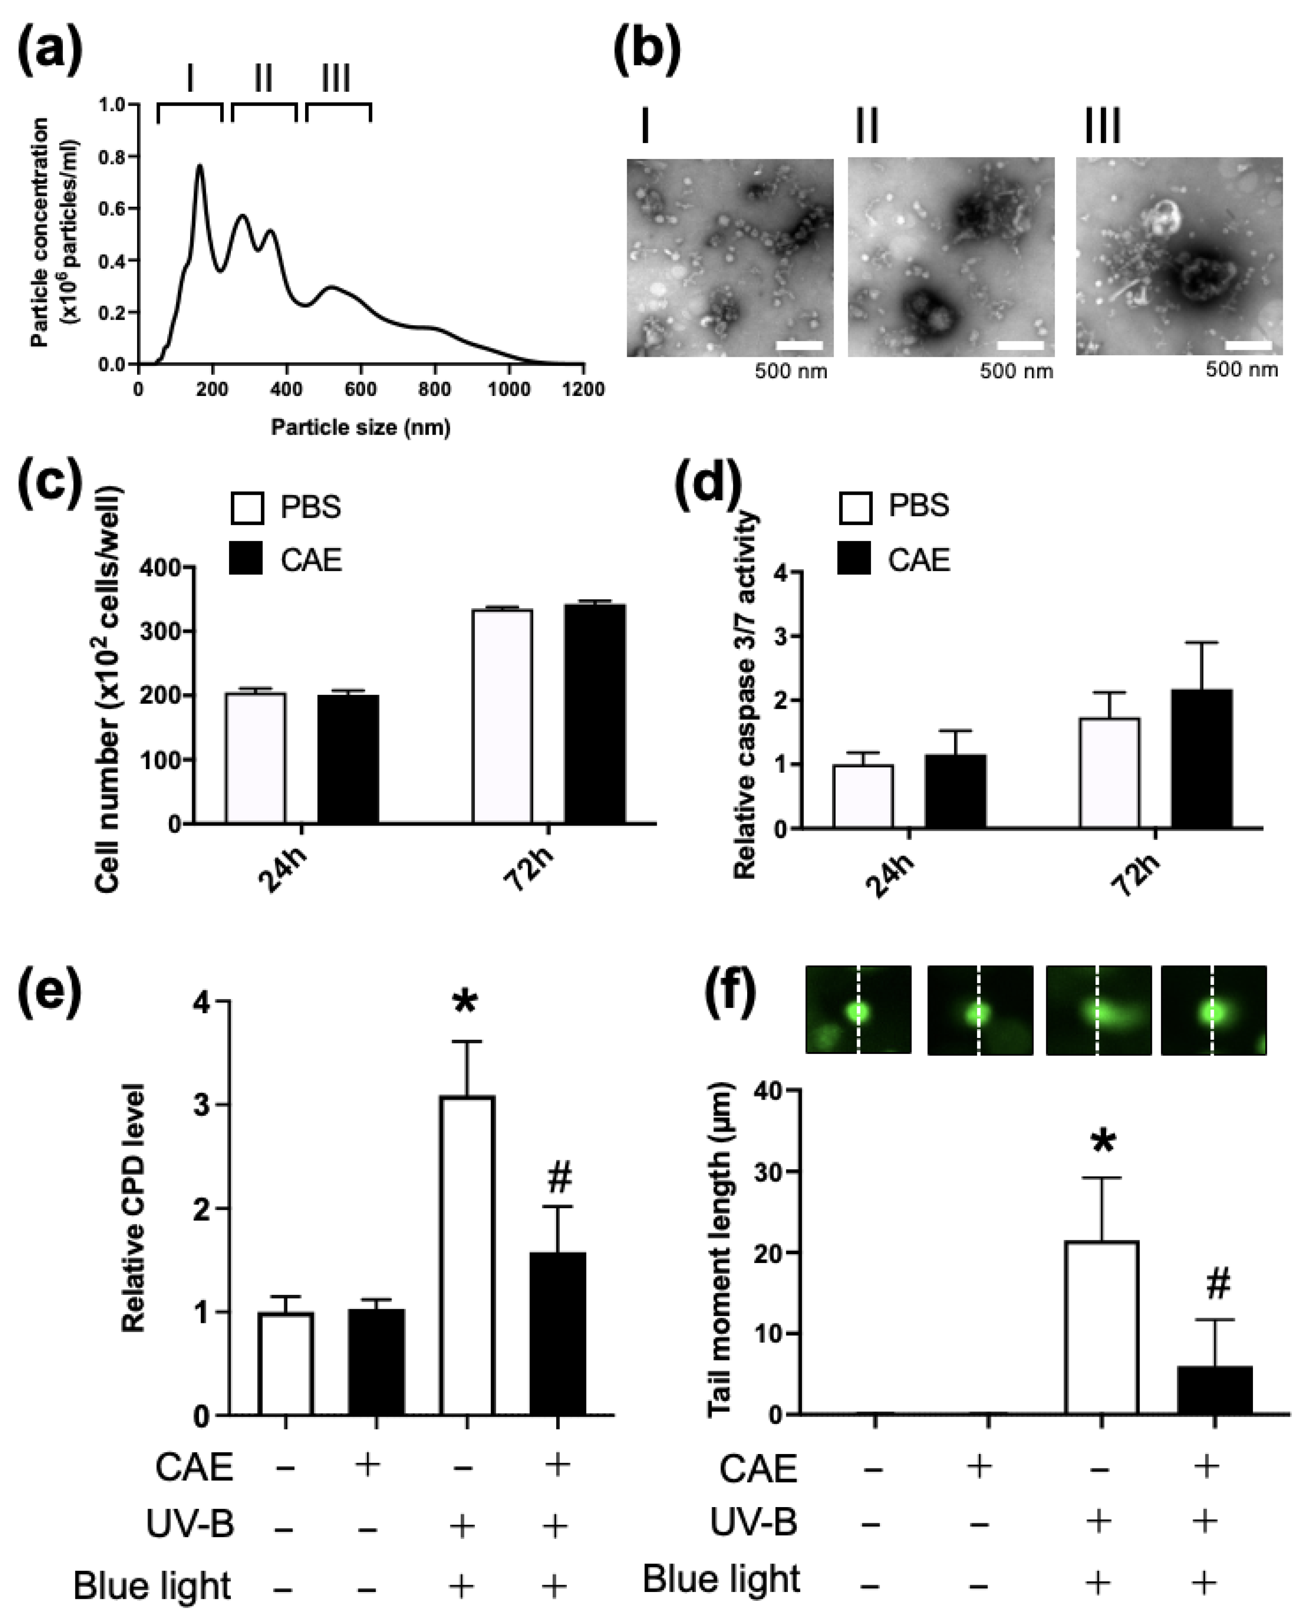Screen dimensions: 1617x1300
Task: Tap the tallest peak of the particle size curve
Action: coord(199,166)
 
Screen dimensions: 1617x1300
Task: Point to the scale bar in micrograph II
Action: coord(1020,346)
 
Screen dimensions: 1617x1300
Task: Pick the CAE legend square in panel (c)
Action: coord(246,559)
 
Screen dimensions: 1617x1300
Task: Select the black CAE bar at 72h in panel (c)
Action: coord(595,713)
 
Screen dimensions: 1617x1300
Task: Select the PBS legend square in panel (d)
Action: coord(855,507)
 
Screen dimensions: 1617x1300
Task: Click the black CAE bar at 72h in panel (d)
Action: coord(1202,759)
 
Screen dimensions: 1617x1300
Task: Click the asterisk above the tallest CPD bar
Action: coord(465,1003)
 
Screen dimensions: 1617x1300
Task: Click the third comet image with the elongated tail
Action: coord(1098,1010)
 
